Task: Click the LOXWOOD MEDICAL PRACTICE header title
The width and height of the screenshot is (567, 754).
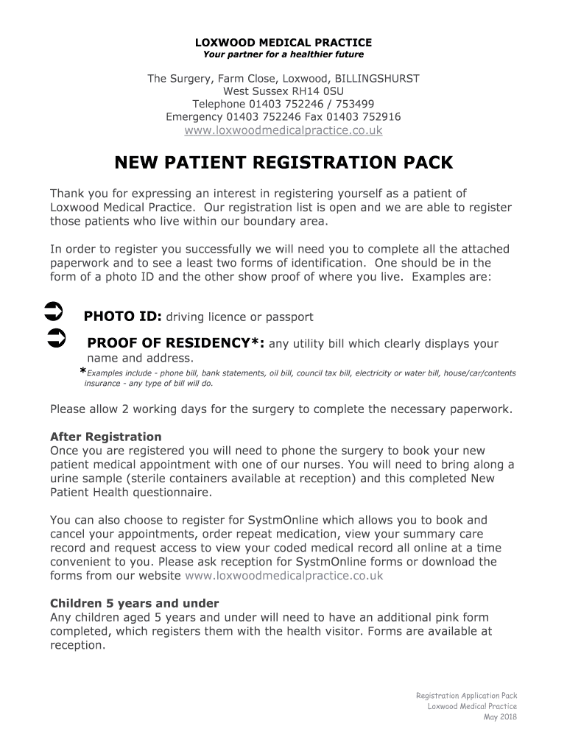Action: (283, 43)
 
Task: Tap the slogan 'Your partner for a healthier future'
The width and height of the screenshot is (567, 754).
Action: (283, 54)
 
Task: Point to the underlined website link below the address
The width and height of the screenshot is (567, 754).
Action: (283, 130)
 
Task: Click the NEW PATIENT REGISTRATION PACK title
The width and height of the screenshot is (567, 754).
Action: (283, 162)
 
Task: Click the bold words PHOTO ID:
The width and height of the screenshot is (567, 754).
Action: (122, 317)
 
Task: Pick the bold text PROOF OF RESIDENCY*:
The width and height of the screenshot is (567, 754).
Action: (177, 343)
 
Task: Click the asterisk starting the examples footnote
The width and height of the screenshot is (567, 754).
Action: (83, 373)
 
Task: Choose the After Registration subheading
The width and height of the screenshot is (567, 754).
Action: (105, 437)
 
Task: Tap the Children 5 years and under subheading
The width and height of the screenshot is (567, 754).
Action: (134, 603)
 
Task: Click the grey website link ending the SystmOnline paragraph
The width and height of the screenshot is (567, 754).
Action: (283, 576)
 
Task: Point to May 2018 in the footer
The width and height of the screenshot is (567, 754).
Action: (500, 718)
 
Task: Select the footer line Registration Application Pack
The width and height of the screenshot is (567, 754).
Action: (466, 696)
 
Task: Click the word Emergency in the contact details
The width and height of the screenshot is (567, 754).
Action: (194, 117)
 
